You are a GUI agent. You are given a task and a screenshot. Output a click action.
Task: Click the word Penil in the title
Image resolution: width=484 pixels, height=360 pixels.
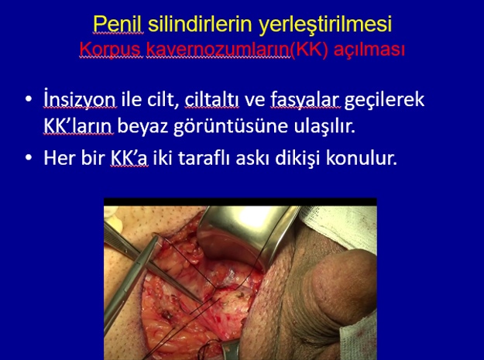click(x=118, y=24)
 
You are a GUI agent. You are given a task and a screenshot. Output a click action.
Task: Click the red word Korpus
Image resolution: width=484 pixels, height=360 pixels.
click(x=111, y=50)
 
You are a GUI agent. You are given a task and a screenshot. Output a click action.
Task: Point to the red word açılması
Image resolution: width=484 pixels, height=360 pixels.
click(x=369, y=50)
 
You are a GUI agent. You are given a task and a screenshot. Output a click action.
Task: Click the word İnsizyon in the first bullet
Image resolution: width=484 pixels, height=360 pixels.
click(x=81, y=99)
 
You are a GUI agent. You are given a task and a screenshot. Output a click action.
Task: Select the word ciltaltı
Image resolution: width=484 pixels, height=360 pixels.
click(x=211, y=99)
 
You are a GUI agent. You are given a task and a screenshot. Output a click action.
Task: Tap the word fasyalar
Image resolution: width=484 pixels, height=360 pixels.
click(x=306, y=100)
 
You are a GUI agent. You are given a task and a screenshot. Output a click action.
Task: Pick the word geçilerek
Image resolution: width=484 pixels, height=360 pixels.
click(x=384, y=100)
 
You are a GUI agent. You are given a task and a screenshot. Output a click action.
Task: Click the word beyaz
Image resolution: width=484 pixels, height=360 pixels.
click(x=143, y=126)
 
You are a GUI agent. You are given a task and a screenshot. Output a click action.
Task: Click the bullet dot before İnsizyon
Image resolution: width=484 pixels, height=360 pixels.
click(x=29, y=99)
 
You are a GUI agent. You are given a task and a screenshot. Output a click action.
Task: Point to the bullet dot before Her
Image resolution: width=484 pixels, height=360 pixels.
click(x=29, y=158)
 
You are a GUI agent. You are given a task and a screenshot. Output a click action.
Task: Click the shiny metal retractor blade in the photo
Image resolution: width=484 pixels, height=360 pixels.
click(x=247, y=235)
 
